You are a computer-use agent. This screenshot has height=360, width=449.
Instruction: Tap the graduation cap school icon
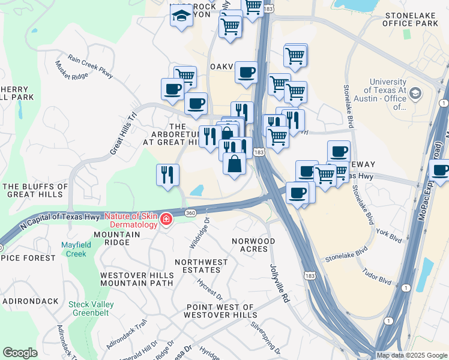pyautogui.click(x=181, y=16)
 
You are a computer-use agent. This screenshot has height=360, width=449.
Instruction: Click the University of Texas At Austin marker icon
pyautogui.click(x=415, y=94)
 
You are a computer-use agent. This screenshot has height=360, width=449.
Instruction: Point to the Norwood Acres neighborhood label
pyautogui.click(x=253, y=245)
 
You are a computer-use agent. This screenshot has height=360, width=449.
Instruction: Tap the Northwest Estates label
pyautogui.click(x=201, y=266)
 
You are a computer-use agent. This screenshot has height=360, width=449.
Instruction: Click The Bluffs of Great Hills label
pyautogui.click(x=35, y=190)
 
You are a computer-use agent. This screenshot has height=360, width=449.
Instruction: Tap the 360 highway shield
pyautogui.click(x=190, y=214)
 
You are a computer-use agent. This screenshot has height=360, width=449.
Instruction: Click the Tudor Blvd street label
pyautogui.click(x=376, y=277)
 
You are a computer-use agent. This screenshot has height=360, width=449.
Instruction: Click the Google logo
pyautogui.click(x=20, y=353)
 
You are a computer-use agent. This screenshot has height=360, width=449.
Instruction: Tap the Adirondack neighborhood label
pyautogui.click(x=31, y=301)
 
